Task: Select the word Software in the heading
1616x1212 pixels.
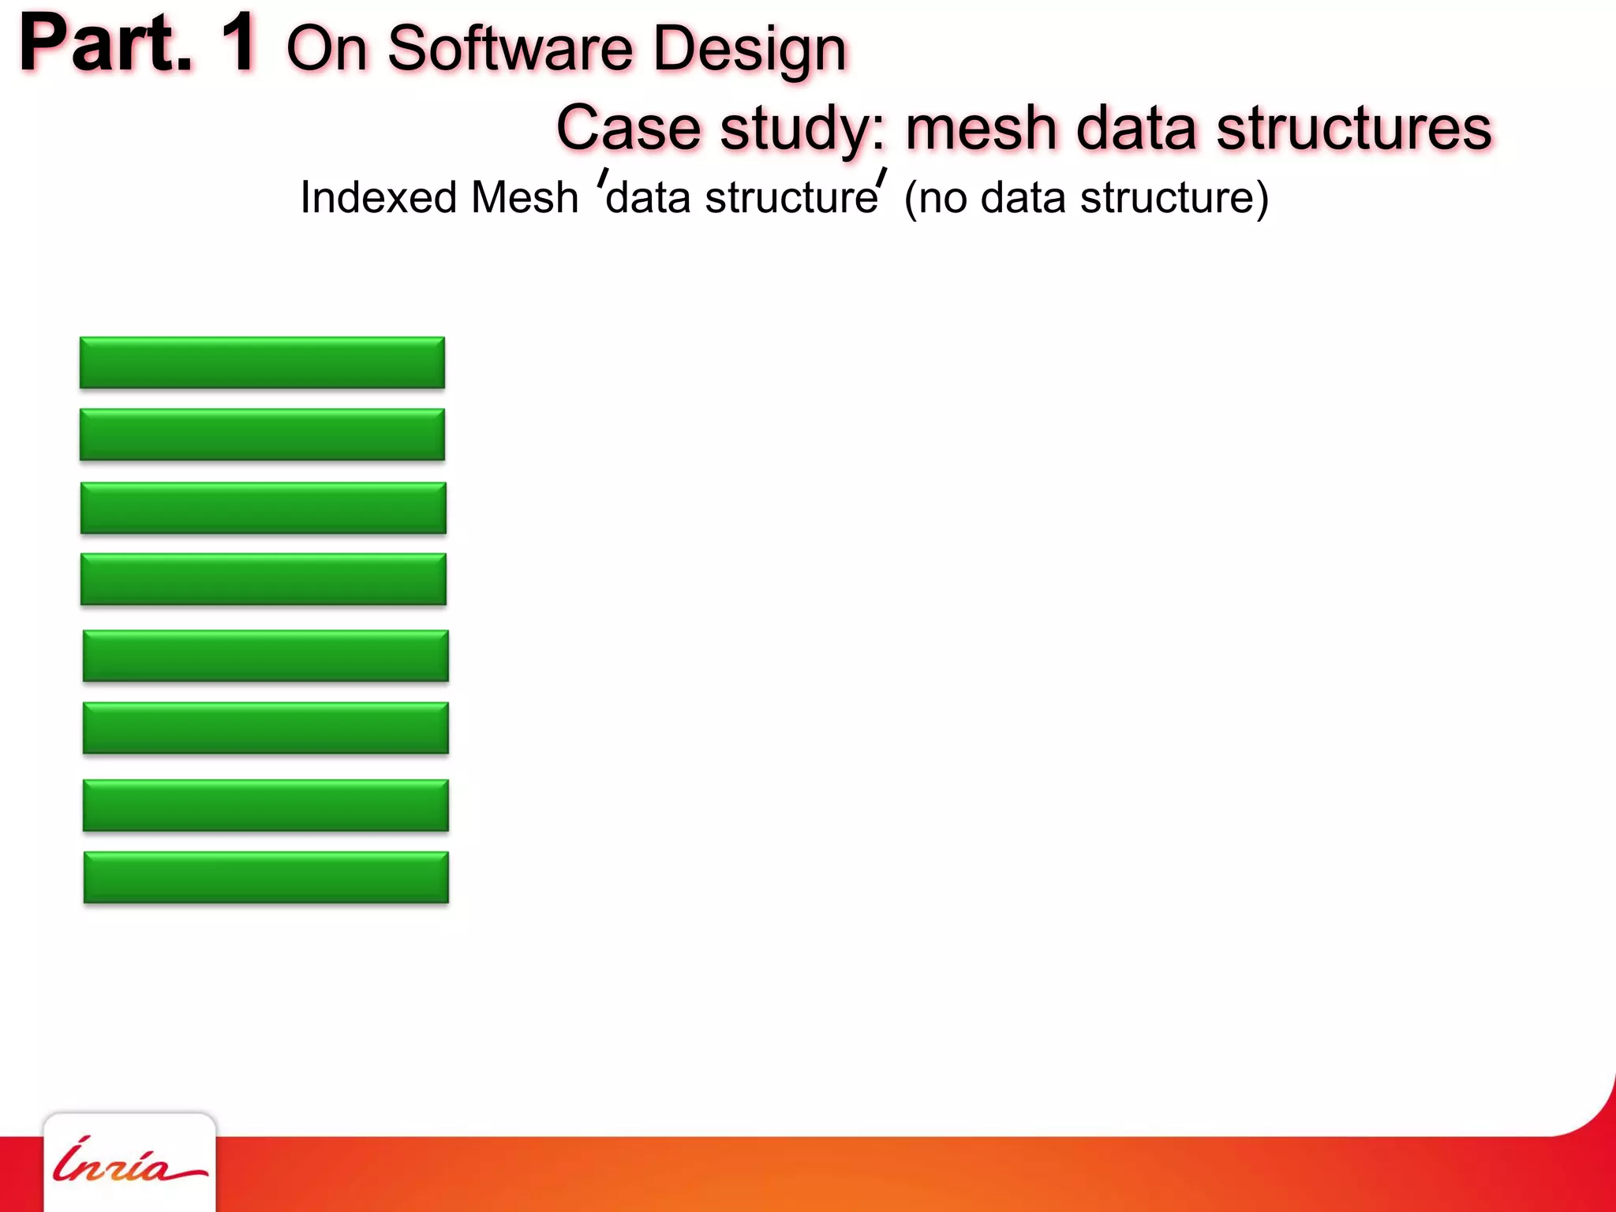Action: pyautogui.click(x=510, y=49)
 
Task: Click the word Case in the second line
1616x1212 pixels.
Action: pyautogui.click(x=629, y=128)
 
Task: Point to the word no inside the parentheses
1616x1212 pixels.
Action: pyautogui.click(x=943, y=198)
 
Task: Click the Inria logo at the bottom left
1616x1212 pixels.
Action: pyautogui.click(x=129, y=1163)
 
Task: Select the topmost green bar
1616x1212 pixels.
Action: pyautogui.click(x=262, y=363)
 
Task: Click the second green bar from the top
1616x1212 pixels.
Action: pyautogui.click(x=262, y=435)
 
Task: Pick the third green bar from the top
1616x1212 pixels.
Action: pyautogui.click(x=264, y=508)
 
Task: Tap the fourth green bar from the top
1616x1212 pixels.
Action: pyautogui.click(x=264, y=579)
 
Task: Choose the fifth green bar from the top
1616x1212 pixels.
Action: pyautogui.click(x=266, y=656)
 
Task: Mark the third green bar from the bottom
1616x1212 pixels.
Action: pyautogui.click(x=266, y=728)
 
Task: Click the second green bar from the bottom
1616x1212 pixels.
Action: pyautogui.click(x=266, y=806)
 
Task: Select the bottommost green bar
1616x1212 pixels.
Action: pyautogui.click(x=266, y=877)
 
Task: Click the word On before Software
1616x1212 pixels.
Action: pyautogui.click(x=327, y=49)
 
